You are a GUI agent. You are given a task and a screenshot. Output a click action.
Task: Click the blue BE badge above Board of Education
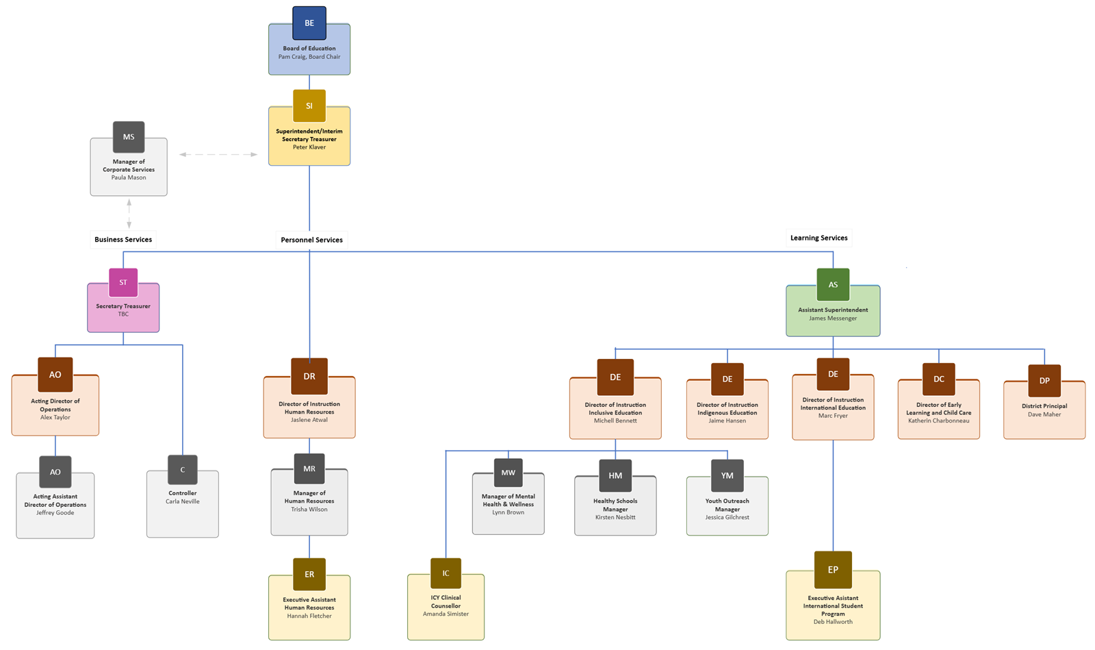pyautogui.click(x=309, y=23)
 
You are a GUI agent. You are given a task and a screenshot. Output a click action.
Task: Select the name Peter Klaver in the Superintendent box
pyautogui.click(x=309, y=147)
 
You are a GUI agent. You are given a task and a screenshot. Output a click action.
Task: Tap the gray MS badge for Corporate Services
pyautogui.click(x=129, y=137)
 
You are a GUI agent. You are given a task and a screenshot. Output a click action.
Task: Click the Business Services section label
pyautogui.click(x=123, y=240)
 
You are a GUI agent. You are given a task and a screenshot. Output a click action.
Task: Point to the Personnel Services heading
pyautogui.click(x=311, y=240)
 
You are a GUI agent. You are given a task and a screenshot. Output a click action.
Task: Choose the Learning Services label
pyautogui.click(x=819, y=238)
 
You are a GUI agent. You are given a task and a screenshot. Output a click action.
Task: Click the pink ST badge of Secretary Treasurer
pyautogui.click(x=123, y=282)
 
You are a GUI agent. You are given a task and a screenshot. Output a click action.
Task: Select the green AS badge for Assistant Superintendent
pyautogui.click(x=833, y=285)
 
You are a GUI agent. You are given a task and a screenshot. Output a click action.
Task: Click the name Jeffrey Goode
pyautogui.click(x=55, y=513)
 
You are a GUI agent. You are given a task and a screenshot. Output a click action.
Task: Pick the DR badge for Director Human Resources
pyautogui.click(x=309, y=376)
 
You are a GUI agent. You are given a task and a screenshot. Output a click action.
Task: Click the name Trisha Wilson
pyautogui.click(x=309, y=510)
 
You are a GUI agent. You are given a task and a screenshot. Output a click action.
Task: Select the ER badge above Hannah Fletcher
pyautogui.click(x=309, y=574)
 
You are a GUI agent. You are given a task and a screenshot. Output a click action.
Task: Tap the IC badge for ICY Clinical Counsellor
pyautogui.click(x=446, y=573)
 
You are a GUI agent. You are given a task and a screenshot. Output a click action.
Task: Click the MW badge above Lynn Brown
pyautogui.click(x=508, y=473)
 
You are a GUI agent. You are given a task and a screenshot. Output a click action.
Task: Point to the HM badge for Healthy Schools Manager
pyautogui.click(x=615, y=475)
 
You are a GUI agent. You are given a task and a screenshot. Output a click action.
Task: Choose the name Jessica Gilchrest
pyautogui.click(x=727, y=518)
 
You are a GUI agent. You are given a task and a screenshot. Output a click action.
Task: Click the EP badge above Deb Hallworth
pyautogui.click(x=833, y=570)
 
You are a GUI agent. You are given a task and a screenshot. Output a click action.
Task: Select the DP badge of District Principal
pyautogui.click(x=1044, y=381)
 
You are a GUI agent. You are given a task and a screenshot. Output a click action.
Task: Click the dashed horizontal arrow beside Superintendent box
pyautogui.click(x=218, y=155)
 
